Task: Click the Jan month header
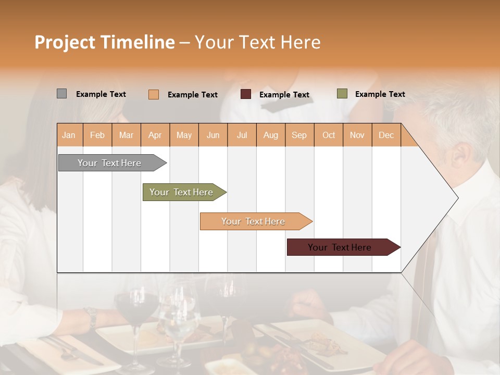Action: pos(69,135)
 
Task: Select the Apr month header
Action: pos(155,135)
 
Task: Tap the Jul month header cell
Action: pos(242,135)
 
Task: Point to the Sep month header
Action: pos(299,135)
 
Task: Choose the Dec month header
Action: pos(386,135)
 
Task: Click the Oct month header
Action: pos(329,135)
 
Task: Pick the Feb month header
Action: pos(97,135)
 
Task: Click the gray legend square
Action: pos(61,94)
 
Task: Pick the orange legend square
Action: pos(154,94)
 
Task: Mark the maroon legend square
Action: pos(246,94)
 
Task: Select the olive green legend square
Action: pos(342,94)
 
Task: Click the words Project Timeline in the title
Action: pos(104,42)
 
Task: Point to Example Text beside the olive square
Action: pos(380,94)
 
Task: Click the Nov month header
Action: pos(357,135)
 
